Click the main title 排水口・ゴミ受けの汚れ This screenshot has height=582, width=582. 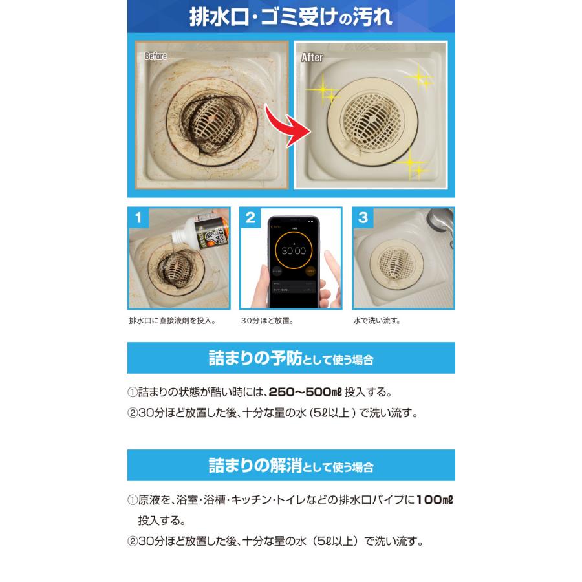click(290, 17)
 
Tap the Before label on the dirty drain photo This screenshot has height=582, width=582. click(156, 57)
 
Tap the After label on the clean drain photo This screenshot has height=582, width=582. click(312, 58)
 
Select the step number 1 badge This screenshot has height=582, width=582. click(138, 218)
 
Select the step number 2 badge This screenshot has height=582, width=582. click(250, 218)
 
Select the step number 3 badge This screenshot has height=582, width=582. click(362, 218)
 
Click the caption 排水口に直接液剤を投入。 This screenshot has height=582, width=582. click(172, 320)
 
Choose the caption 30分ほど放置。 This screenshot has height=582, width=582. click(268, 320)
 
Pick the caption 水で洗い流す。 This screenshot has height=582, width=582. click(376, 320)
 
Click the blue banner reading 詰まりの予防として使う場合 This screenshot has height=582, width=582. click(290, 358)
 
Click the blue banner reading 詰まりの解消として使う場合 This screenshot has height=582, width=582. click(290, 465)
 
